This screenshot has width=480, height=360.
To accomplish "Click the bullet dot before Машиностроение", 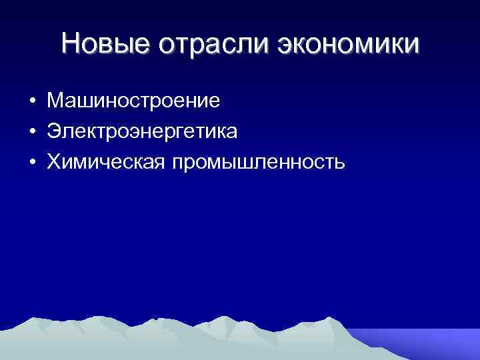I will [32, 103].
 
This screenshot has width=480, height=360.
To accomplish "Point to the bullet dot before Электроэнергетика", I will [32, 132].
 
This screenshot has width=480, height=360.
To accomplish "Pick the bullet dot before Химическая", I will [32, 162].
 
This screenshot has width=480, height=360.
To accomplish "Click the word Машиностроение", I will [133, 101].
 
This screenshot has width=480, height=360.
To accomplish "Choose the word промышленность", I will [259, 162].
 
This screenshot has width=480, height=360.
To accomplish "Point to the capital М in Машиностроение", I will [55, 101].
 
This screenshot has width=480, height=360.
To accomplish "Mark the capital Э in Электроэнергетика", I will [53, 131].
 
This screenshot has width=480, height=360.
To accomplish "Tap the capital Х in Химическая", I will [53, 161].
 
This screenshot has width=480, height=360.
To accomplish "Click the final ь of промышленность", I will [339, 162].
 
